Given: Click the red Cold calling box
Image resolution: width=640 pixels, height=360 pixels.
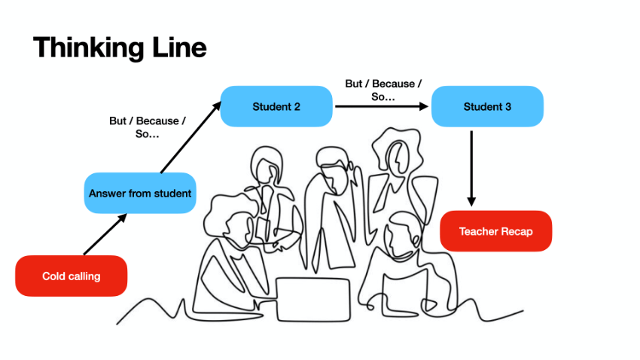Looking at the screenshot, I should click(x=71, y=276).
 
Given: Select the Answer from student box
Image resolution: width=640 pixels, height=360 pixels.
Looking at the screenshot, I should click(x=140, y=194).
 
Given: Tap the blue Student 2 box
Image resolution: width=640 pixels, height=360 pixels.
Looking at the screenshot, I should click(x=276, y=106).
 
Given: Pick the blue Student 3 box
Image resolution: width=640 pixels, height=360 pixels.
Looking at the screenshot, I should click(x=487, y=106).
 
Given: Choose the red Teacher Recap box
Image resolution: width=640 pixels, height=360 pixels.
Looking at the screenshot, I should click(x=495, y=231).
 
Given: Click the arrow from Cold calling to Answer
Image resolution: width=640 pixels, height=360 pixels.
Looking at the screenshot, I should click(x=104, y=235).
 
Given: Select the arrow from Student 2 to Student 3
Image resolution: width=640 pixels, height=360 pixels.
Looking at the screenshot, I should click(x=381, y=106).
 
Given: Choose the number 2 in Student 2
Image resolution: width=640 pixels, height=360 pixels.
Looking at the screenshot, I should click(x=297, y=107).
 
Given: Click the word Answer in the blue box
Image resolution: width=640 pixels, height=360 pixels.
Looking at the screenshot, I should click(x=107, y=194).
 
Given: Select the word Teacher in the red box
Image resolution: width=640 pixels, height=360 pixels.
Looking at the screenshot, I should click(x=479, y=231).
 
